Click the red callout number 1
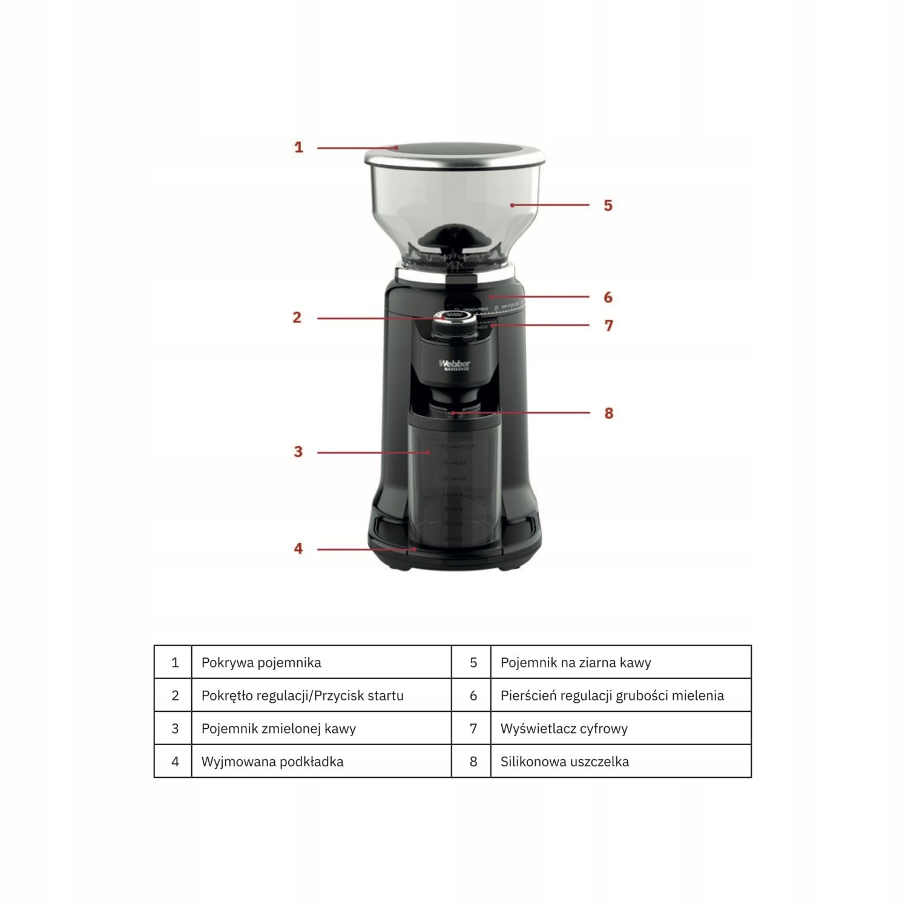(298, 147)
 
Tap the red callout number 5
(608, 205)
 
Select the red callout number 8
(608, 413)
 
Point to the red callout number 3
(298, 452)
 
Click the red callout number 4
(298, 548)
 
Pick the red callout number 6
(608, 297)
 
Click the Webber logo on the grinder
(454, 364)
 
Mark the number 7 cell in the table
(473, 728)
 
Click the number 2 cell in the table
(175, 696)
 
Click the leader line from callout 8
(521, 413)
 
